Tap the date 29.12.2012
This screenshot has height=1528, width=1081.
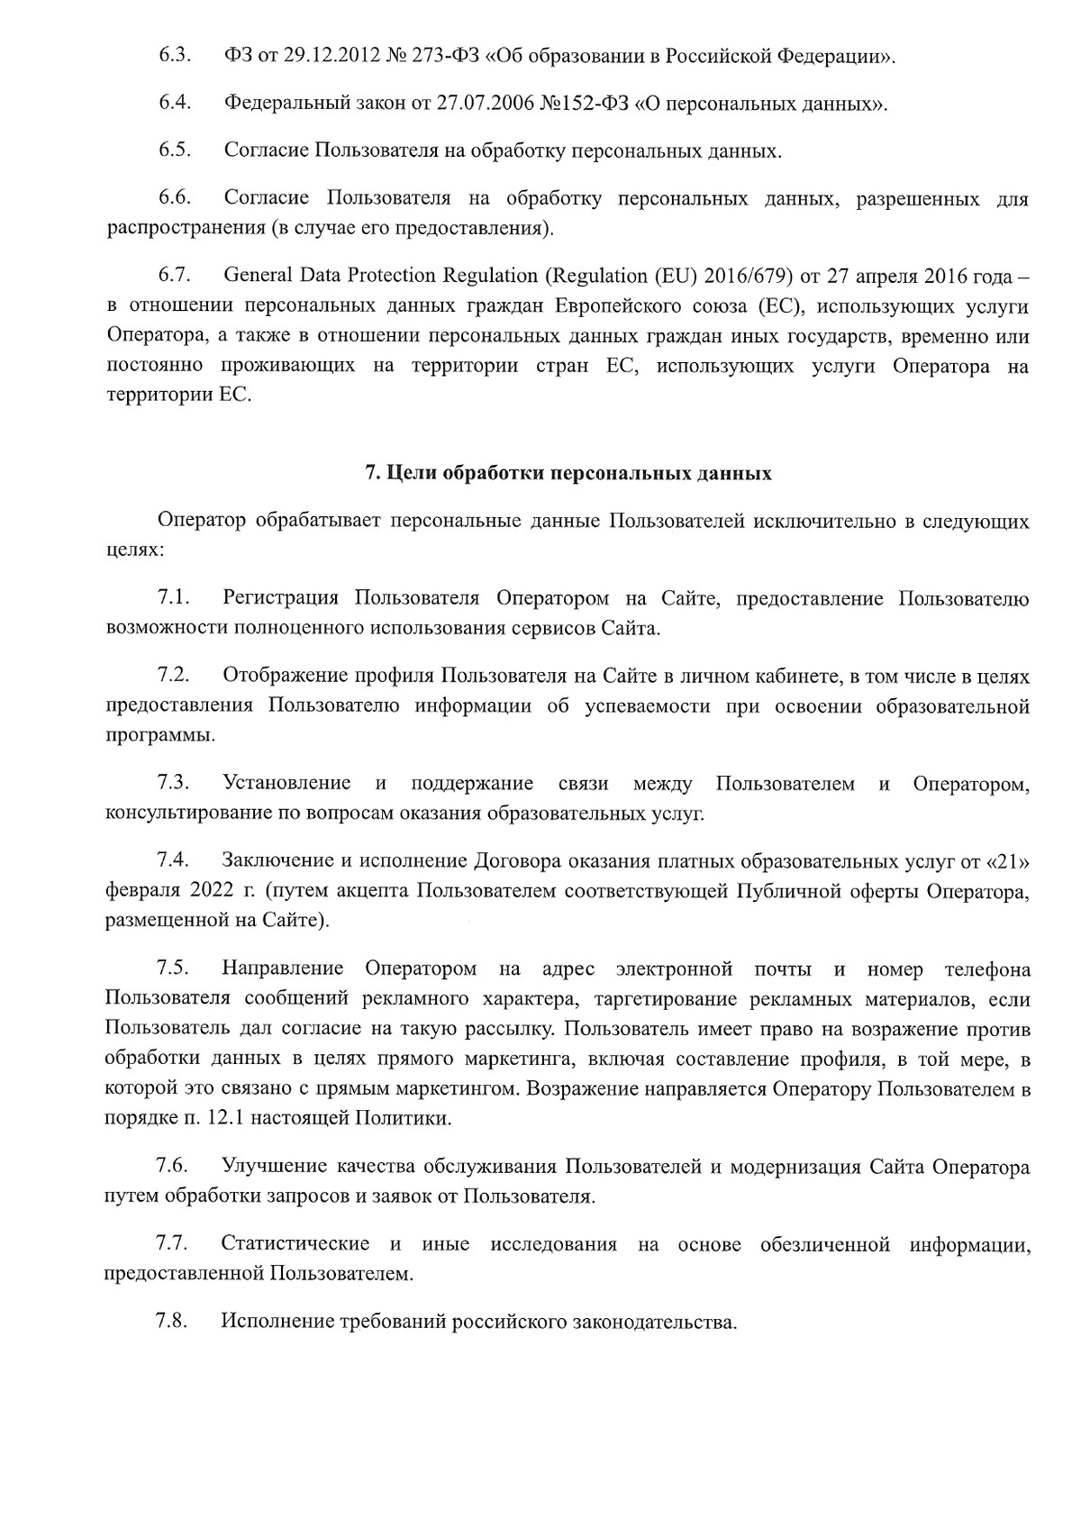pyautogui.click(x=332, y=56)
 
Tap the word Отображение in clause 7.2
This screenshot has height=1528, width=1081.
pyautogui.click(x=281, y=676)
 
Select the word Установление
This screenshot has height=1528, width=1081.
pyautogui.click(x=286, y=784)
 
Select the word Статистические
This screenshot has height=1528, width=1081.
pyautogui.click(x=295, y=1244)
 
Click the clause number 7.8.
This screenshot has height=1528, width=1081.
pyautogui.click(x=171, y=1322)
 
